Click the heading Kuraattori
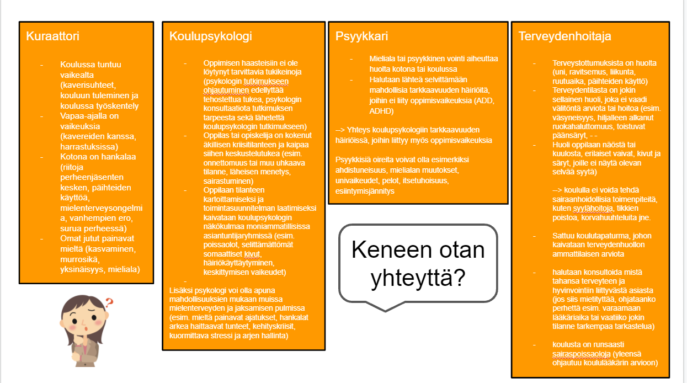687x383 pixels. click(x=52, y=36)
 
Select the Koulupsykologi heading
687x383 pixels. click(x=210, y=36)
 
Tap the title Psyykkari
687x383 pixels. click(x=361, y=36)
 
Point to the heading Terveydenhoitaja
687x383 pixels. click(x=564, y=36)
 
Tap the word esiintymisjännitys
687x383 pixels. click(x=365, y=191)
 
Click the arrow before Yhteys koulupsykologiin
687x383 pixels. click(x=340, y=130)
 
